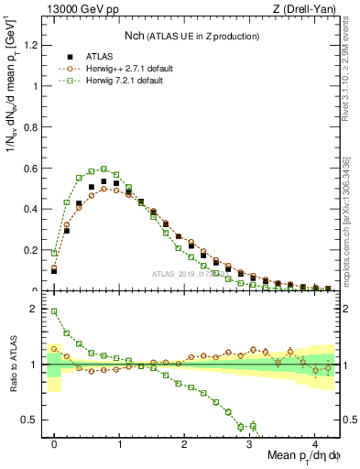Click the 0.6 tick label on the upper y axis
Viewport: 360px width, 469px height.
(33, 168)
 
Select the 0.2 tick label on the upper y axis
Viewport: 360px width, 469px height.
(33, 250)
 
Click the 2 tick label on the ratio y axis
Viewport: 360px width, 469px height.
(37, 309)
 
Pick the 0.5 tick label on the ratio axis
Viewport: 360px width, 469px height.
(33, 420)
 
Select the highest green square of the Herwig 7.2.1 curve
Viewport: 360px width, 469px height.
(104, 169)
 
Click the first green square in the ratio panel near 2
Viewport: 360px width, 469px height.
(54, 311)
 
